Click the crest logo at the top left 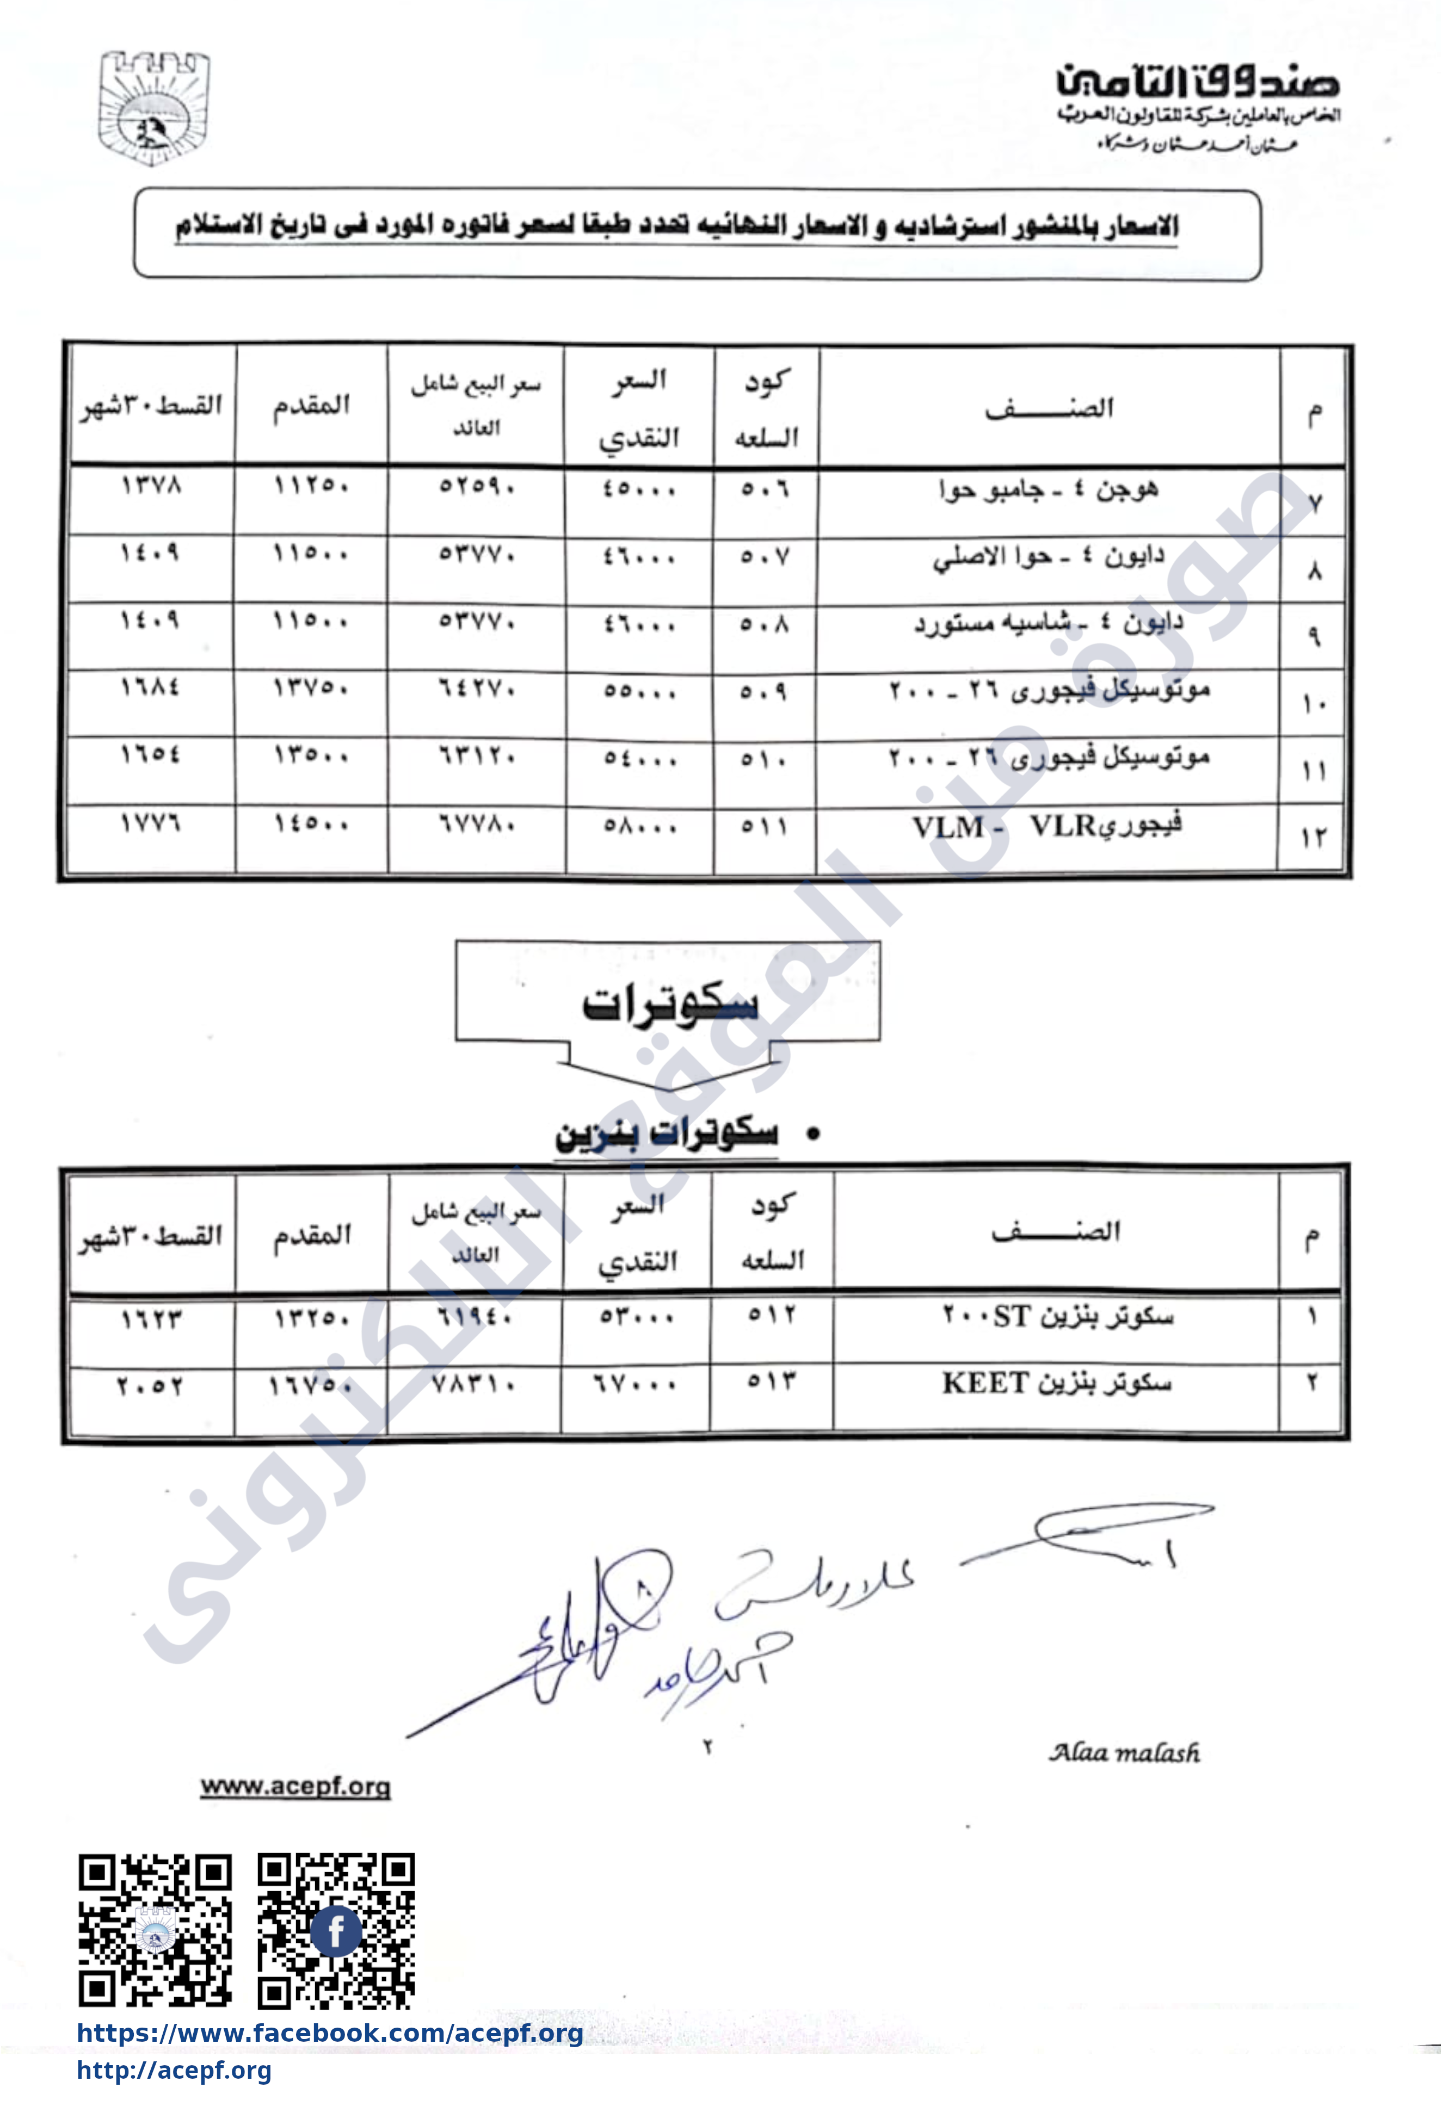(153, 108)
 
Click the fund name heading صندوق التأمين (1198, 82)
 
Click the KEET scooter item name (1056, 1384)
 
